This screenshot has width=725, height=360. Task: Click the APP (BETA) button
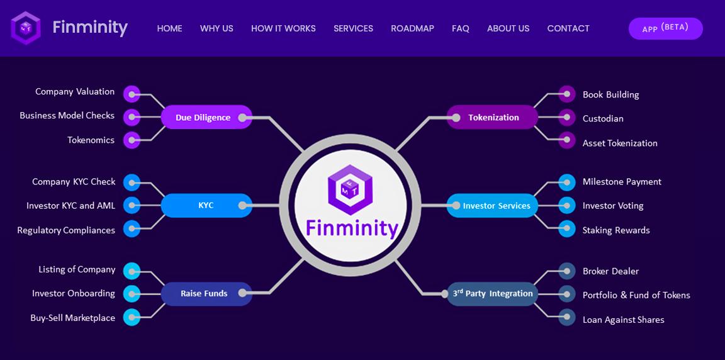[x=665, y=28]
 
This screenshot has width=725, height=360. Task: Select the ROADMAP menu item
[x=412, y=28]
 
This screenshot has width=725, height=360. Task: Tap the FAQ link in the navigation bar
[x=460, y=28]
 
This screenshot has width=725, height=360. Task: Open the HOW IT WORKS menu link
[x=283, y=28]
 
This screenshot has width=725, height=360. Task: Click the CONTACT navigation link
[x=568, y=28]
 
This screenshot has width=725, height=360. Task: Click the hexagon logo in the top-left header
[x=26, y=28]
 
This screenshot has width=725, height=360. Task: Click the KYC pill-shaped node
[x=206, y=205]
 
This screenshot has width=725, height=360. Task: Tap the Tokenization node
[x=493, y=118]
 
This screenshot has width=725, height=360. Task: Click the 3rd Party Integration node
[x=493, y=293]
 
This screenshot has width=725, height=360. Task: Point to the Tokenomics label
[x=91, y=140]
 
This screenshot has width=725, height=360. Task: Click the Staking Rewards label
[x=616, y=230]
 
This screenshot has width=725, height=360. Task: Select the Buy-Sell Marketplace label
[x=72, y=318]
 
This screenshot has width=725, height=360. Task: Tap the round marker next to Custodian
[x=566, y=118]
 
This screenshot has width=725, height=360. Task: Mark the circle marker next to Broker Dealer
[x=566, y=271]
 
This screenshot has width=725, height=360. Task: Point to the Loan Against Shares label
[x=623, y=320]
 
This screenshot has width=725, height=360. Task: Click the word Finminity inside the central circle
[x=352, y=228]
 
